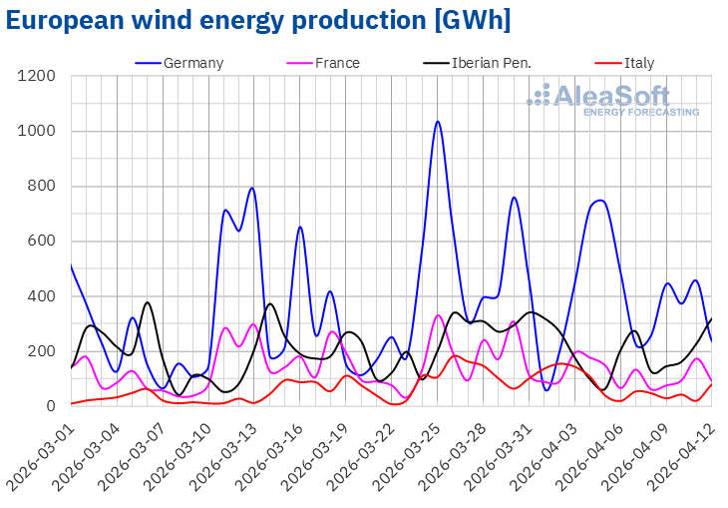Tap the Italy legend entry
(638, 63)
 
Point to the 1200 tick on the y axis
(43, 76)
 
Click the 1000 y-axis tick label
(43, 131)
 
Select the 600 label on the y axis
(47, 241)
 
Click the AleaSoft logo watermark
(612, 100)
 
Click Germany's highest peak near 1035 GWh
(437, 122)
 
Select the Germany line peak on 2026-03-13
(252, 188)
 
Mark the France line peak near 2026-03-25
(438, 315)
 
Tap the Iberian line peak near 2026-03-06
(148, 302)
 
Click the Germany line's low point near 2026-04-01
(546, 389)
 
